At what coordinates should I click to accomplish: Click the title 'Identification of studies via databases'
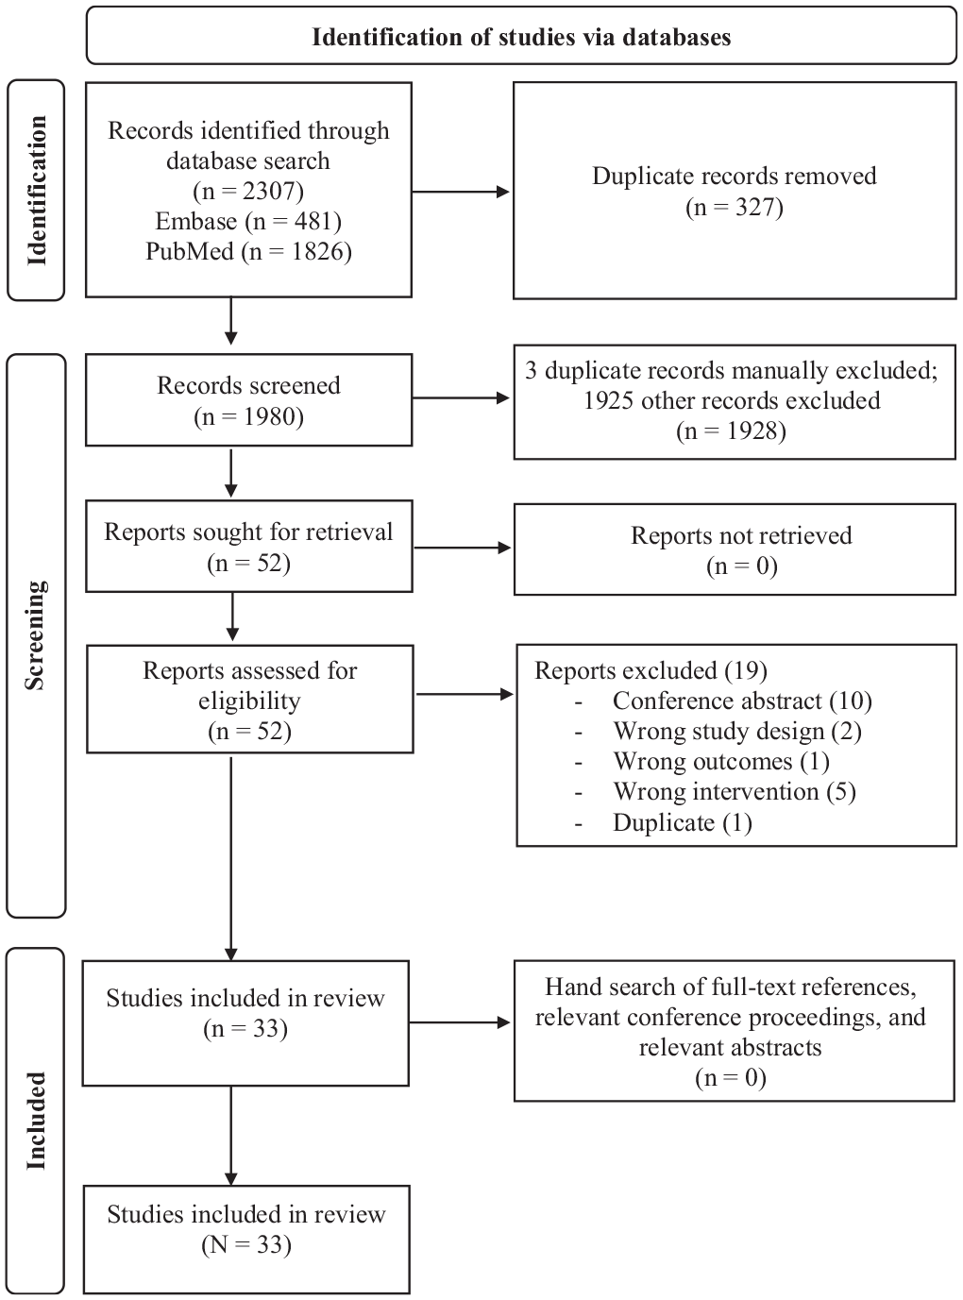521,37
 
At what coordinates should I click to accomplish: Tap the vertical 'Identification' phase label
36,191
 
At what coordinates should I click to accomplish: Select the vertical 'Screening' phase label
35,635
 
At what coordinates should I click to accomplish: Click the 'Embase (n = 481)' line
248,222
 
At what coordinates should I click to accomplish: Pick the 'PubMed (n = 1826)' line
248,251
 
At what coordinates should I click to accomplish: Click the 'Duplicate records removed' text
735,176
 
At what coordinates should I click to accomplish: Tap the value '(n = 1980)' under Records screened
248,416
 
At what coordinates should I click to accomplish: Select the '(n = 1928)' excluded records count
732,431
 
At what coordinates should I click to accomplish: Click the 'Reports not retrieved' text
741,535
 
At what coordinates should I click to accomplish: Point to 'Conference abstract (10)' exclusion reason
743,701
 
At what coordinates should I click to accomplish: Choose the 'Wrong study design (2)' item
737,732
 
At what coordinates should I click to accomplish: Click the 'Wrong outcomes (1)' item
721,761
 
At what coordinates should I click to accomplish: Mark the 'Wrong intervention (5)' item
735,792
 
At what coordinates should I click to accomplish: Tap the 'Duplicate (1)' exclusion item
683,822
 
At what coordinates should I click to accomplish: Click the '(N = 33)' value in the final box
246,1245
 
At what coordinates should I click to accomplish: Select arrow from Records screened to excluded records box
461,398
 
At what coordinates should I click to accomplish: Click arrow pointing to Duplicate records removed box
461,192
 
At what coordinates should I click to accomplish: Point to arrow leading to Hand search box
460,1022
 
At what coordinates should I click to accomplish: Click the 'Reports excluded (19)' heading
650,670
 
